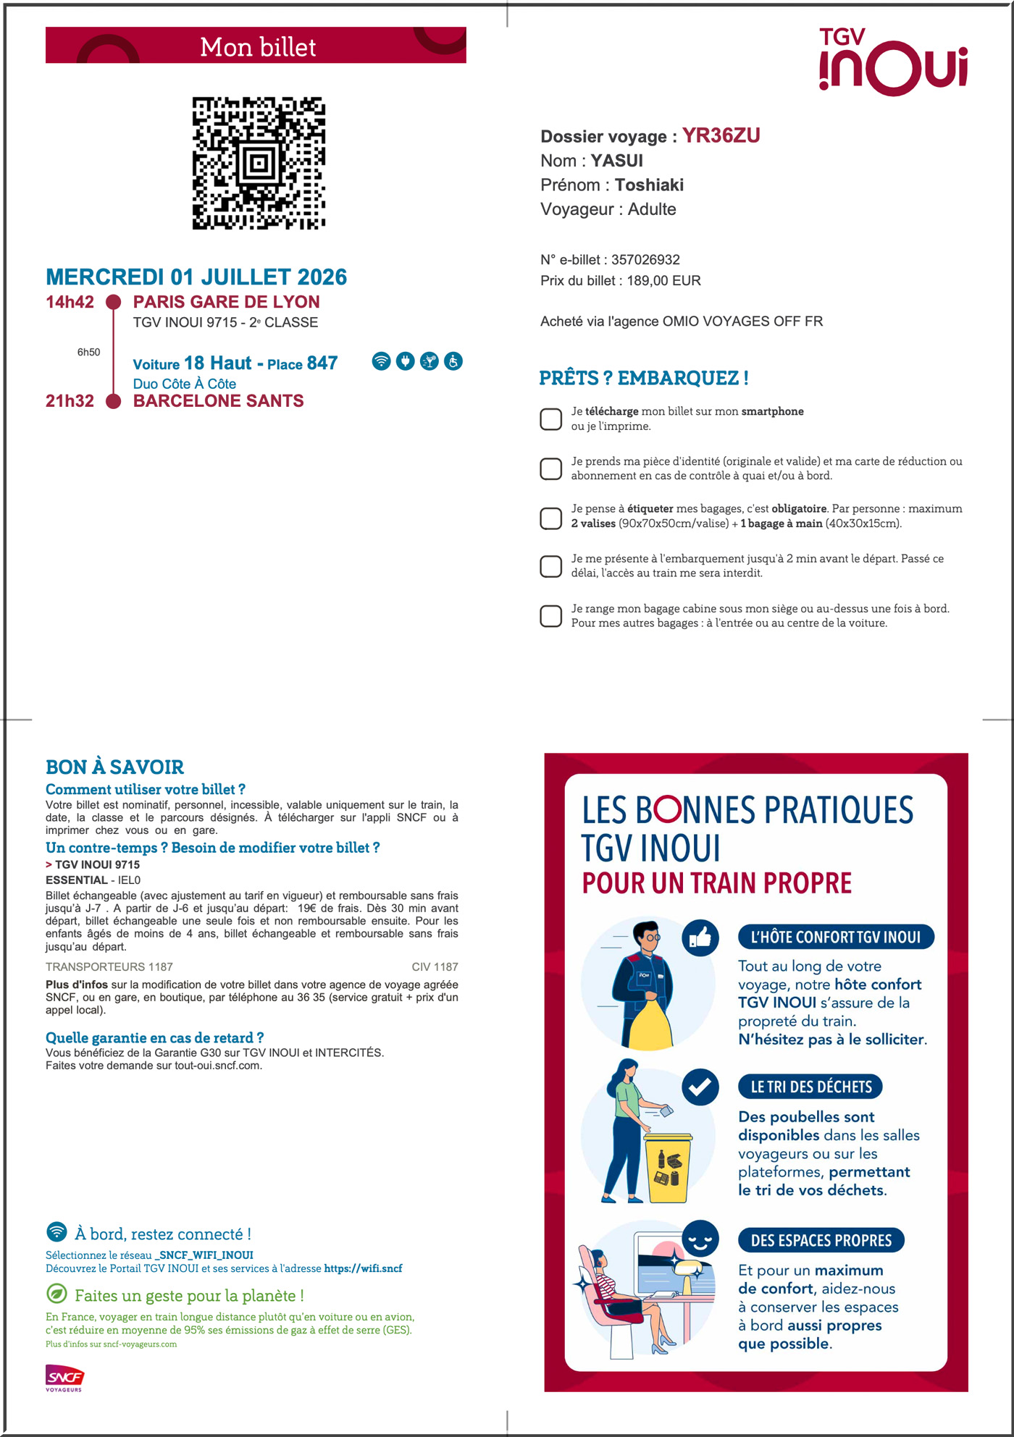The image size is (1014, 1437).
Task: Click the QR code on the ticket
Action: click(259, 163)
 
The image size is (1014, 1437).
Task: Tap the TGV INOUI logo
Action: click(893, 62)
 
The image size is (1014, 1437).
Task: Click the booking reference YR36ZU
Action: click(721, 135)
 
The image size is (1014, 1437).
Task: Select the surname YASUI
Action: click(616, 161)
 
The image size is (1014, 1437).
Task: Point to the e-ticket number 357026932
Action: click(645, 260)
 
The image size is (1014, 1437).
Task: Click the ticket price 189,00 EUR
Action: click(663, 281)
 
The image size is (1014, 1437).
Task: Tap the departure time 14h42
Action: click(70, 302)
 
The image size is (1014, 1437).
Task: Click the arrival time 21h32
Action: click(70, 401)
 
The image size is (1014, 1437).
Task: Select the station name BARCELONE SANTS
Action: click(218, 401)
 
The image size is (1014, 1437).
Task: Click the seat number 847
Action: click(322, 363)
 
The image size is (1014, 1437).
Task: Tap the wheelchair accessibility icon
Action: click(453, 361)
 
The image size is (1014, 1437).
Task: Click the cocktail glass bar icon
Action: click(430, 361)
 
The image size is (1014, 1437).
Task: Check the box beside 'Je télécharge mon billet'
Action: click(550, 418)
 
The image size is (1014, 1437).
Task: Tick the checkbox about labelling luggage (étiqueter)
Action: click(550, 518)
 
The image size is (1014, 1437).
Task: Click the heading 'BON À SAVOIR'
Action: click(114, 767)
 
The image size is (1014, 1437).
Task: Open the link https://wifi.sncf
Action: click(363, 1268)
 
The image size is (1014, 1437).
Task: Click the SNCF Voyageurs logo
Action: click(64, 1378)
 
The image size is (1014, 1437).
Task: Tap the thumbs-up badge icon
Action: click(700, 938)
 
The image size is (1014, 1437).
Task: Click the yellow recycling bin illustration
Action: click(668, 1167)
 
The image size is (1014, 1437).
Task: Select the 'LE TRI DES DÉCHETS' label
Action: click(810, 1087)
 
